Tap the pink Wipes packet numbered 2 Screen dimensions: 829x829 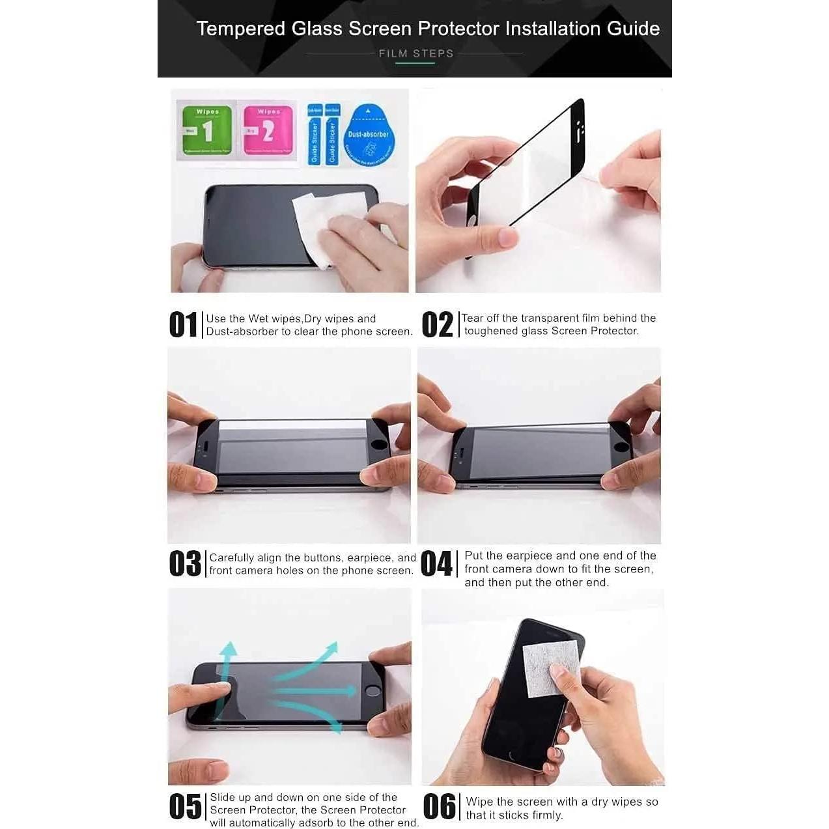[x=268, y=131]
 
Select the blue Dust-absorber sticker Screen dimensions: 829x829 [x=368, y=135]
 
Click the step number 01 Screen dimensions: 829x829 [x=183, y=324]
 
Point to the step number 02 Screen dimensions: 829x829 [x=437, y=324]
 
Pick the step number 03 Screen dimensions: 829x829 [x=185, y=563]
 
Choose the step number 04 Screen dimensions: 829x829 [x=436, y=563]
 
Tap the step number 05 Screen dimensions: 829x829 [x=185, y=806]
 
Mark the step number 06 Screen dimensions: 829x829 [x=440, y=806]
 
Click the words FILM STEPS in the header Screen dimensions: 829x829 [x=416, y=53]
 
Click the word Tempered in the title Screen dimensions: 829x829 [x=241, y=29]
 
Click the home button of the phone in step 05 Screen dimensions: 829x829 [x=373, y=690]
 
